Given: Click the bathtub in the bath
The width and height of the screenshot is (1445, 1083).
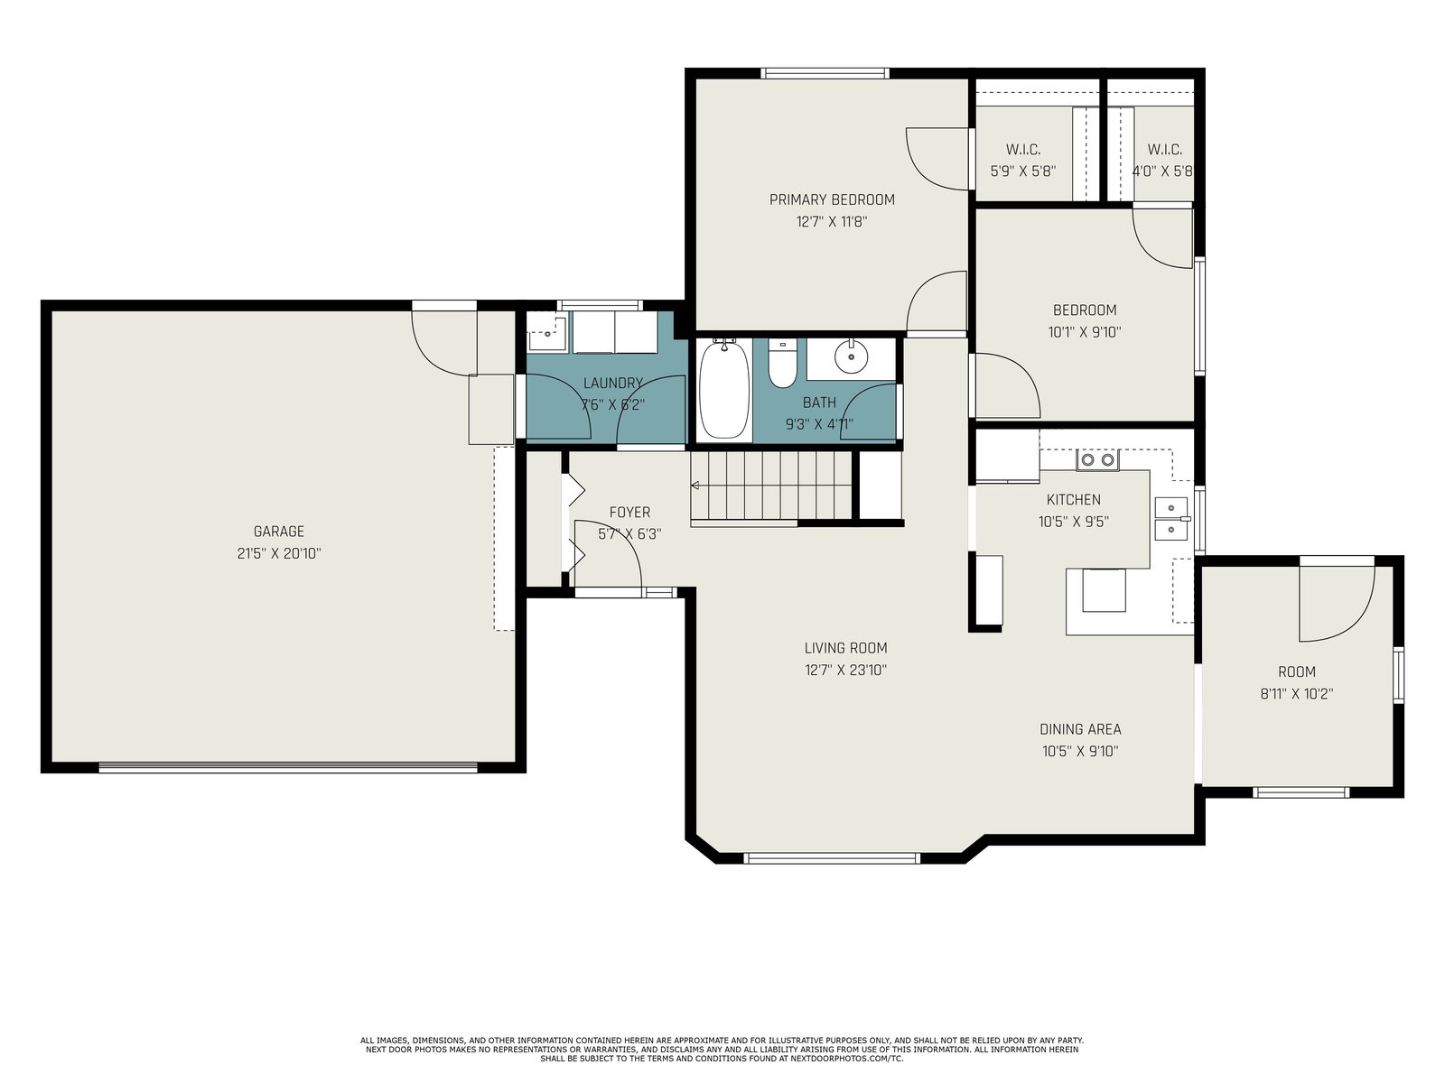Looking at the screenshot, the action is pyautogui.click(x=724, y=389).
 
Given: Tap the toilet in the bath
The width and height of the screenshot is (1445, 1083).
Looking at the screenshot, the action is pyautogui.click(x=783, y=363).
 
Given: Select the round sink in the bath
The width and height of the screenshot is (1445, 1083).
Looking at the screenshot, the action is pyautogui.click(x=852, y=356).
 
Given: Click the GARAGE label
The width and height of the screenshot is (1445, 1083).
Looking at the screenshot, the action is pyautogui.click(x=279, y=532).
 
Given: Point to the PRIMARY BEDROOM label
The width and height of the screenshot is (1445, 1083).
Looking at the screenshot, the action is pyautogui.click(x=832, y=199).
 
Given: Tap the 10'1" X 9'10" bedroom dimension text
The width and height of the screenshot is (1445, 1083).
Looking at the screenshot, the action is pyautogui.click(x=1085, y=332).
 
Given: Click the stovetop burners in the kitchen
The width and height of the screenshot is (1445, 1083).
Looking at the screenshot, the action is pyautogui.click(x=1098, y=459).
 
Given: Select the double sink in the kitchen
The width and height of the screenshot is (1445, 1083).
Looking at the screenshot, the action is pyautogui.click(x=1171, y=519).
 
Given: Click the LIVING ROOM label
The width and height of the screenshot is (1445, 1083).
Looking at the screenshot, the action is pyautogui.click(x=846, y=648).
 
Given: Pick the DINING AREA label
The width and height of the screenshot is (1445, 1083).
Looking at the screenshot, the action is pyautogui.click(x=1080, y=729).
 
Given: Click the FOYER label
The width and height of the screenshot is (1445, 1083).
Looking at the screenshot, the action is pyautogui.click(x=629, y=513).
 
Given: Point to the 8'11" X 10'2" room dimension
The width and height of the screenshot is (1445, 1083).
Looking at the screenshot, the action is pyautogui.click(x=1297, y=694).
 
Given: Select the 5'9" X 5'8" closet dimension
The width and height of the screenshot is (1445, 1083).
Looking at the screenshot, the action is pyautogui.click(x=1023, y=171).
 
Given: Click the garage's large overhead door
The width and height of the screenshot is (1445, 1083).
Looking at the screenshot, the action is pyautogui.click(x=288, y=767).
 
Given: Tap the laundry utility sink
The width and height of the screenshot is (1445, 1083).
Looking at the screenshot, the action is pyautogui.click(x=547, y=333).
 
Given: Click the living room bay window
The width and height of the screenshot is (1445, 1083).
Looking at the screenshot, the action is pyautogui.click(x=831, y=858).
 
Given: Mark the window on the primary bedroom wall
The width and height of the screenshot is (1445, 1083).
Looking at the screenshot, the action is pyautogui.click(x=825, y=73).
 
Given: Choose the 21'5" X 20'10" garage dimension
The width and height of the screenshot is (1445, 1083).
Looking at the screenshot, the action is pyautogui.click(x=279, y=553).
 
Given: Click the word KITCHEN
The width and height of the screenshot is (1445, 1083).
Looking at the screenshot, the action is pyautogui.click(x=1074, y=500).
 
